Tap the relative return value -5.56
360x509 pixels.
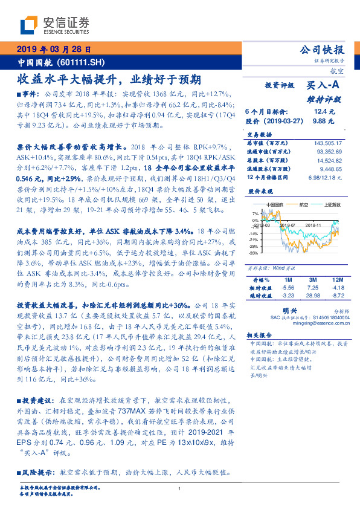click(x=288, y=288)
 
